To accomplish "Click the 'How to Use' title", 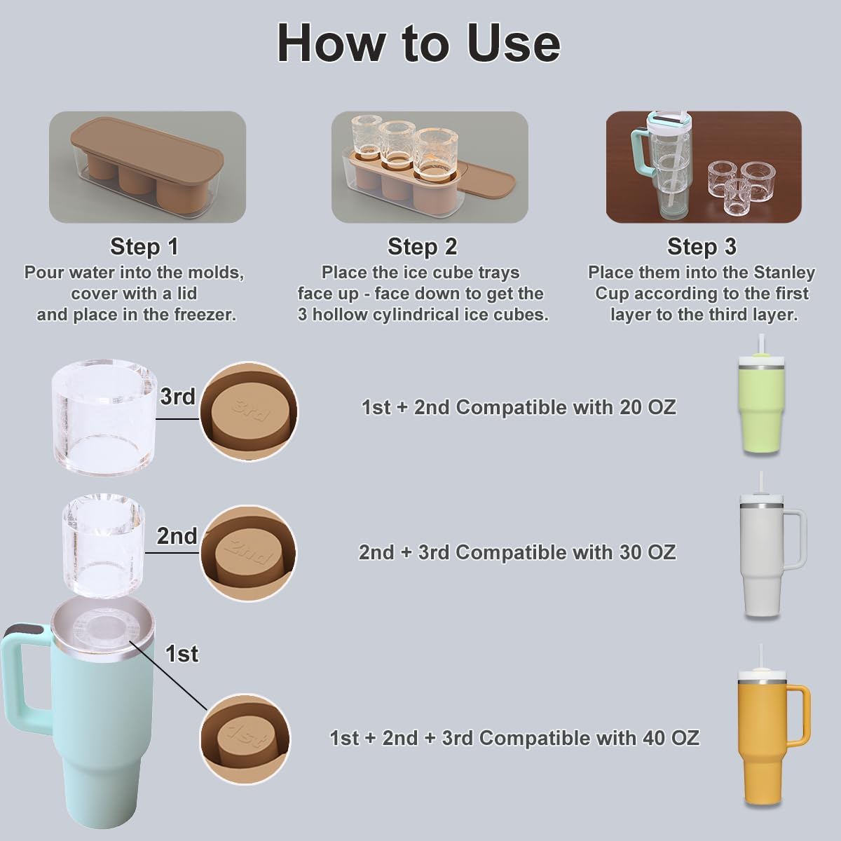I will coord(419,43).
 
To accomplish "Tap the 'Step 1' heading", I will coord(144,247).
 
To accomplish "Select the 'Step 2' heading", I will coord(422,247).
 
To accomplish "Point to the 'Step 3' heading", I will coord(702,247).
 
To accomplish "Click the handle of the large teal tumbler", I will coord(21,673).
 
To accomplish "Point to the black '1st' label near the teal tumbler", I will coord(182,654).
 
